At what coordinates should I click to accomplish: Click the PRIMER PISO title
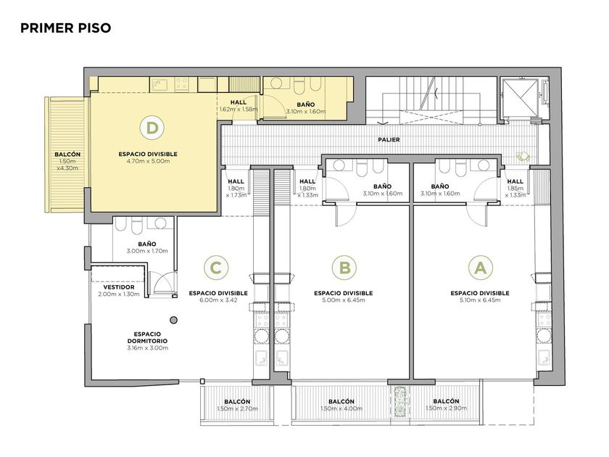(66, 28)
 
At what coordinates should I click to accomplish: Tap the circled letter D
(152, 128)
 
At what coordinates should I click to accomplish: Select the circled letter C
(215, 268)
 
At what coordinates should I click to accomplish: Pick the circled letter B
(344, 268)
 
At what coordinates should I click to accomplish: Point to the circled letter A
(481, 268)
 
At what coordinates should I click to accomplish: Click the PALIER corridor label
(389, 139)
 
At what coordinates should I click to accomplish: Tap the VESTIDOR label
(119, 287)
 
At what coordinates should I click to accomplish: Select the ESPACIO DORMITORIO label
(148, 337)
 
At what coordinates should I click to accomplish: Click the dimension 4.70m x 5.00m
(148, 161)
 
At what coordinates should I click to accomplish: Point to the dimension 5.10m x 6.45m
(480, 300)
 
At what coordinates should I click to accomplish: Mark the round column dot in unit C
(174, 320)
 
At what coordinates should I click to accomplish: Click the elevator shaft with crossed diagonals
(520, 99)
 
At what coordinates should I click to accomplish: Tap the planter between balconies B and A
(400, 402)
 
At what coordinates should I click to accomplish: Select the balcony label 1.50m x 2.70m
(237, 408)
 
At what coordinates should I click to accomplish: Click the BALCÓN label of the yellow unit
(67, 155)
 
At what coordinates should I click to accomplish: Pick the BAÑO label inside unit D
(306, 104)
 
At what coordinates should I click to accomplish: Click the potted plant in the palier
(523, 156)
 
